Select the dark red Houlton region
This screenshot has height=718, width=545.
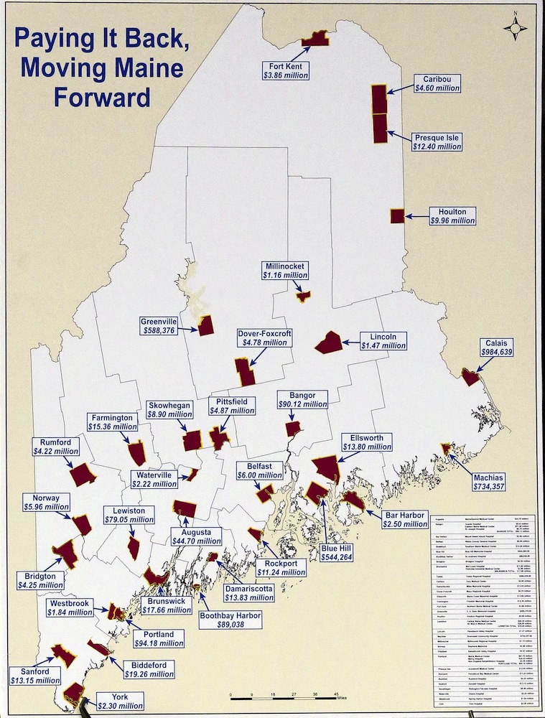tap(397, 216)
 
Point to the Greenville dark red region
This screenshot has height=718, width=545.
tap(206, 326)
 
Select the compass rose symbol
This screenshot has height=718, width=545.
tap(515, 27)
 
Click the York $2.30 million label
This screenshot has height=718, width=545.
tap(120, 700)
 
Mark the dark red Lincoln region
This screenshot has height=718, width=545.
tap(329, 342)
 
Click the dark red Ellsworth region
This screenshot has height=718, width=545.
tap(326, 467)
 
